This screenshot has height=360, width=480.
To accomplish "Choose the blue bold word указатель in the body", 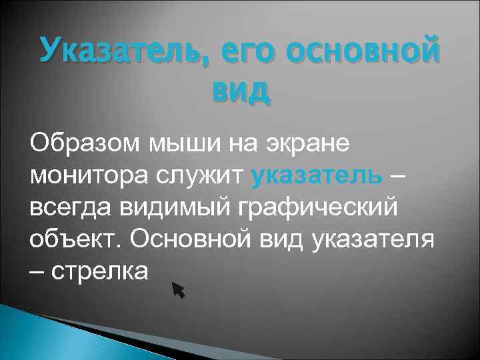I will (x=317, y=175).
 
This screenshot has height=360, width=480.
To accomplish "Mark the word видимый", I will (x=166, y=207).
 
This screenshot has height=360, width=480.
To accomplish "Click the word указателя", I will (x=373, y=239).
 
